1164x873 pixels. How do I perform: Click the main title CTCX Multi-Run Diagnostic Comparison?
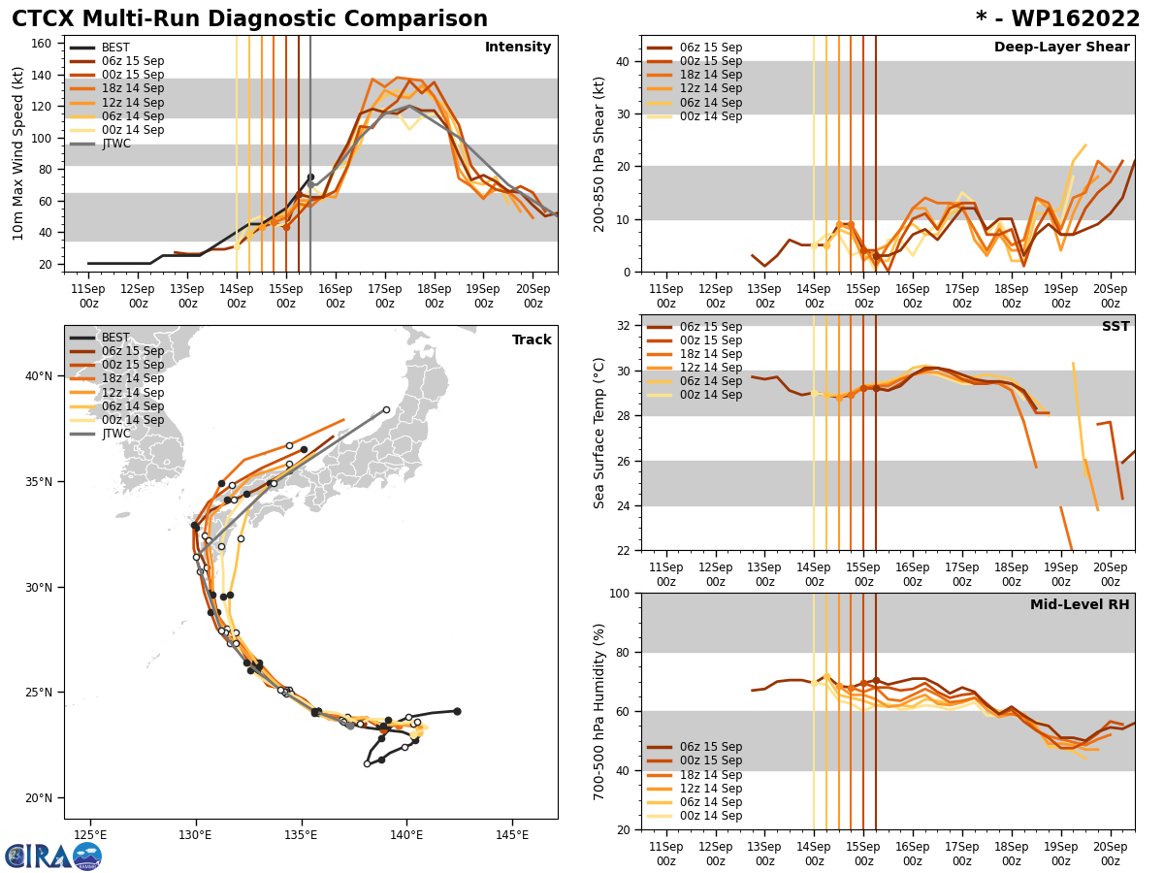pos(249,19)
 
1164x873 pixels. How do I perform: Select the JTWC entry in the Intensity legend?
pos(116,144)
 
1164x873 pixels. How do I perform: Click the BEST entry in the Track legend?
pos(116,339)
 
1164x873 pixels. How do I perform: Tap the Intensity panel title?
pos(518,48)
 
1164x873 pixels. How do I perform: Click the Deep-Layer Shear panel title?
pos(1061,48)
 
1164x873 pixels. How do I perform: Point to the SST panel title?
pos(1115,327)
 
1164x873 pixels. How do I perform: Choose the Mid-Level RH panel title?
pos(1080,605)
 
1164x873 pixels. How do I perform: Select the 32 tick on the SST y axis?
pos(625,326)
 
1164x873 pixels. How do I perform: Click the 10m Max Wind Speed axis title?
pos(18,153)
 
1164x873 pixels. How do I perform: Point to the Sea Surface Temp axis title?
pos(599,433)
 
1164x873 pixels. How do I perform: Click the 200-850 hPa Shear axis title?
pos(599,153)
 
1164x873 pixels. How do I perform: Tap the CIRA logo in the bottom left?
pos(52,856)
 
